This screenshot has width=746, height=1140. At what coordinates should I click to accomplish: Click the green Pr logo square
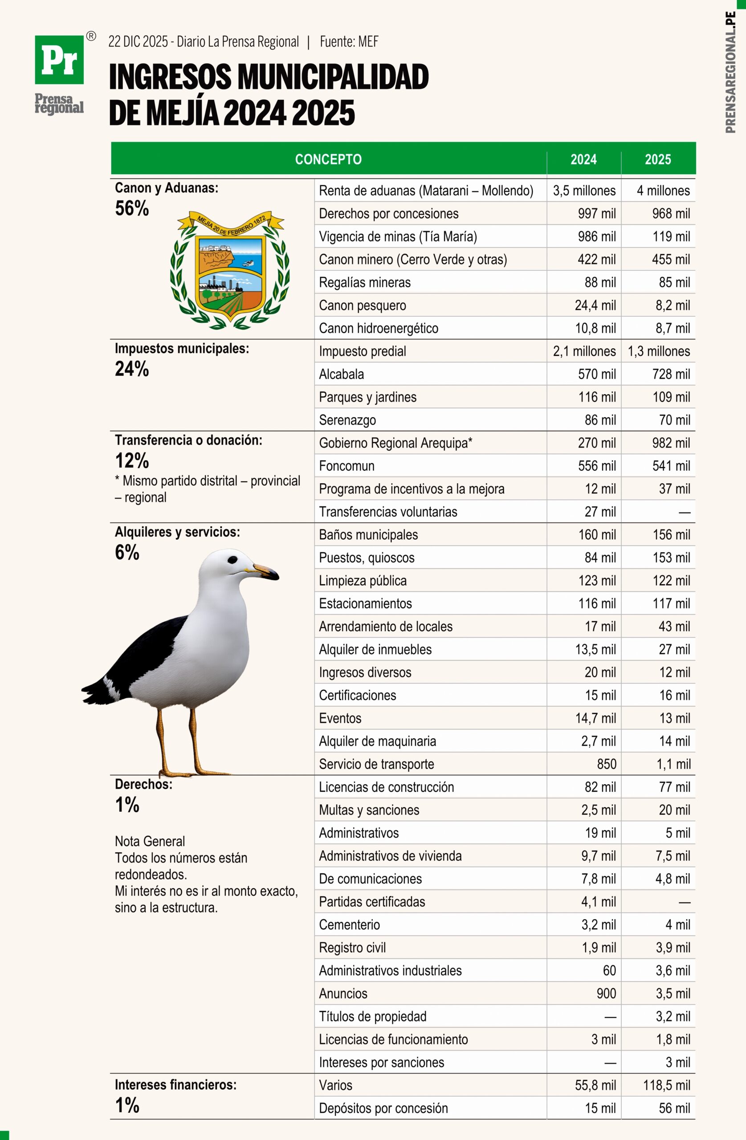point(59,59)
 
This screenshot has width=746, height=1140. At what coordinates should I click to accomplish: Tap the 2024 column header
point(583,159)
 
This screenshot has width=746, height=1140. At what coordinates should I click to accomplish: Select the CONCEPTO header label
point(328,159)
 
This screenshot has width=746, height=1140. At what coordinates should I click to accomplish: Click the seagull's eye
point(232,559)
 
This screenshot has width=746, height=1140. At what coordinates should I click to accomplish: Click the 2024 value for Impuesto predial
point(584,351)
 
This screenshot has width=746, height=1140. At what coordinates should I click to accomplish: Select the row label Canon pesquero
point(362,305)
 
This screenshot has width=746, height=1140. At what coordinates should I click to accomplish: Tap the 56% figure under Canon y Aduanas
point(132,209)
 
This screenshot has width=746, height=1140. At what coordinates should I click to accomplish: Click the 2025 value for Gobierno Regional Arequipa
point(671,443)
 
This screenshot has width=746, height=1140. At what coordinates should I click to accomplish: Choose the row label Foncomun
point(347,466)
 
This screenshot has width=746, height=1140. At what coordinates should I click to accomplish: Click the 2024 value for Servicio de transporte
point(606,764)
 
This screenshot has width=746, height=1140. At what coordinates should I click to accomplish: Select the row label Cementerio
point(349,925)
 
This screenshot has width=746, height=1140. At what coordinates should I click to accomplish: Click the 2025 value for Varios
point(666,1085)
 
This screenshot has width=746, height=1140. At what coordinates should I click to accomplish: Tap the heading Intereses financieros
point(175,1085)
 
